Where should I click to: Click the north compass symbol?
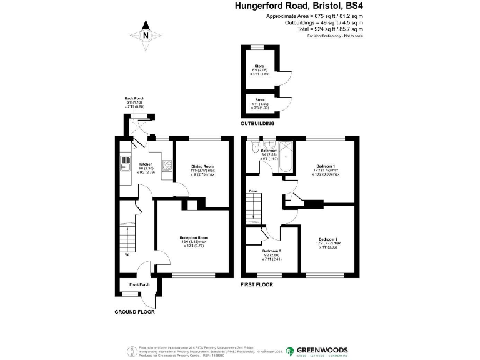tap(145, 35)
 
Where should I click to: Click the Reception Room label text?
tap(194, 238)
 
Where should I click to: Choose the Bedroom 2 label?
tap(328, 239)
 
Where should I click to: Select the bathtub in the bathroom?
tap(286, 157)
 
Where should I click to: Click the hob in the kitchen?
tap(167, 166)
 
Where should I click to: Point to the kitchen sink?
tap(122, 166)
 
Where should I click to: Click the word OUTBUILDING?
tap(259, 124)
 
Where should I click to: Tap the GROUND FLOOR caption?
tap(134, 311)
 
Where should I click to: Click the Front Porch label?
tap(139, 285)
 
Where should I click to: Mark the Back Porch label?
tap(134, 99)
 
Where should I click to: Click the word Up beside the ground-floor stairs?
tap(128, 254)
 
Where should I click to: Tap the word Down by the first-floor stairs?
tap(254, 191)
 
